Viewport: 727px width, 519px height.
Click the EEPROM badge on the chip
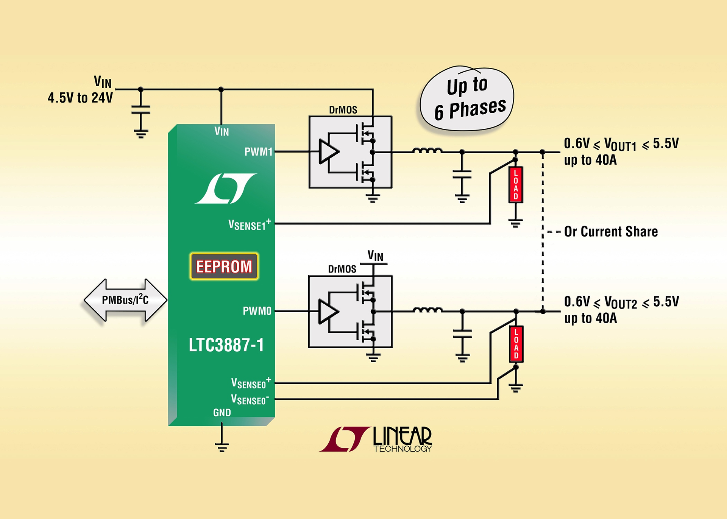pyautogui.click(x=224, y=267)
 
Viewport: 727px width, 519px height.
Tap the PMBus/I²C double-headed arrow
pyautogui.click(x=125, y=300)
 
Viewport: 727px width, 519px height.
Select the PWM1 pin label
pyautogui.click(x=258, y=152)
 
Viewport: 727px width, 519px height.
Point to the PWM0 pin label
pyautogui.click(x=257, y=311)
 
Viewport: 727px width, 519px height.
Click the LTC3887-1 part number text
pyautogui.click(x=226, y=345)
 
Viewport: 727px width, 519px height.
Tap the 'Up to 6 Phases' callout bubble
pyautogui.click(x=468, y=99)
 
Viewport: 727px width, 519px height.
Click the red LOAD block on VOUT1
pyautogui.click(x=516, y=184)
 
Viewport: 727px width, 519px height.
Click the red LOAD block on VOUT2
pyautogui.click(x=516, y=344)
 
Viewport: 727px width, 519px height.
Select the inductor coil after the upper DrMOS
pyautogui.click(x=427, y=151)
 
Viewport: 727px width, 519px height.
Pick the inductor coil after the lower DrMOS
pyautogui.click(x=428, y=310)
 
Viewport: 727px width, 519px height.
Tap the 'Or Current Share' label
pyautogui.click(x=611, y=232)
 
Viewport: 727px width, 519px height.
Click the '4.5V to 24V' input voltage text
pyautogui.click(x=80, y=98)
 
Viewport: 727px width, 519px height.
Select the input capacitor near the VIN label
pyautogui.click(x=141, y=110)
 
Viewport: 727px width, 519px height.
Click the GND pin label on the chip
pyautogui.click(x=222, y=413)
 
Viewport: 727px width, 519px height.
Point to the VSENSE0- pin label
pyautogui.click(x=250, y=399)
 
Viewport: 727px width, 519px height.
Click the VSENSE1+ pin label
pyautogui.click(x=250, y=224)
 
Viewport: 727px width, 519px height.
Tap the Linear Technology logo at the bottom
pyautogui.click(x=376, y=439)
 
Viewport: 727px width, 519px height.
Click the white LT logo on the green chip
pyautogui.click(x=226, y=189)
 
